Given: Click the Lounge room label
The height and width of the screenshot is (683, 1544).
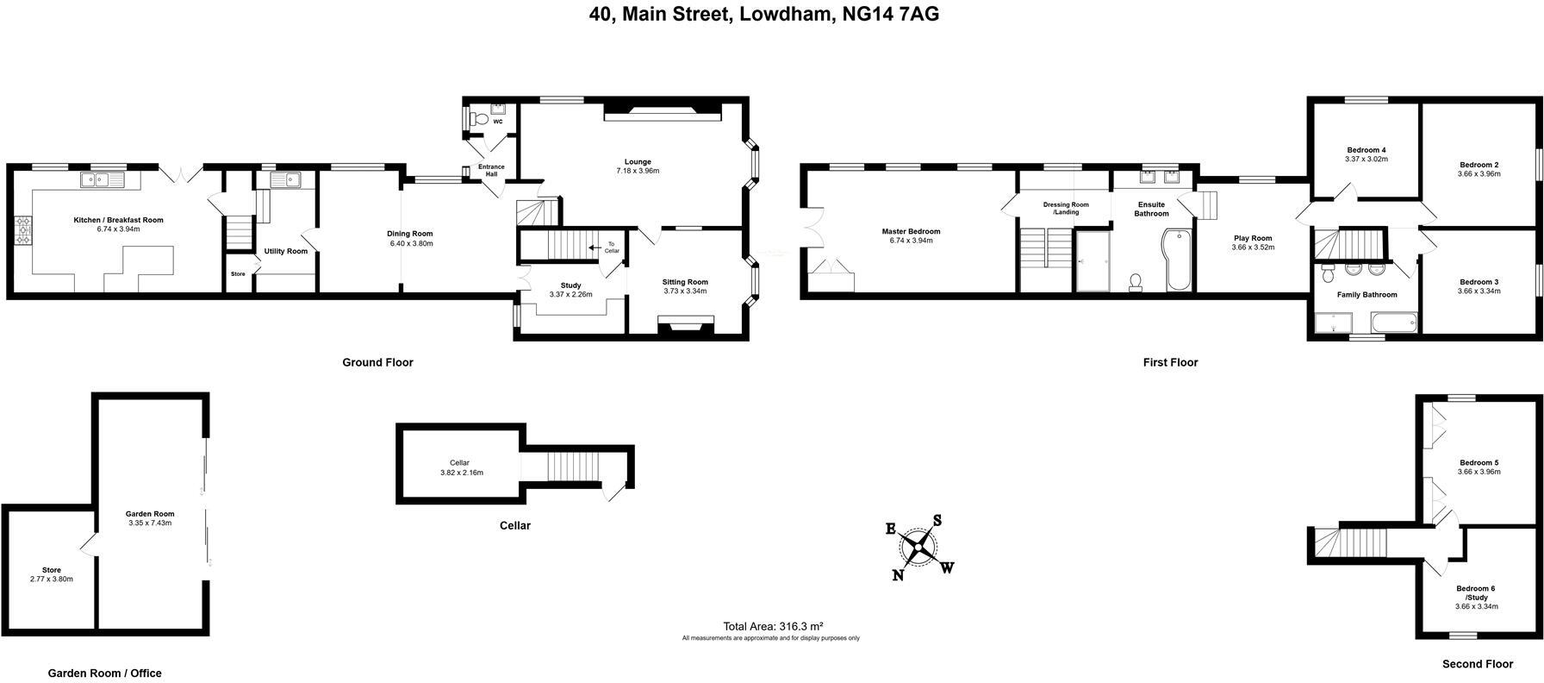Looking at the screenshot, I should pyautogui.click(x=638, y=161).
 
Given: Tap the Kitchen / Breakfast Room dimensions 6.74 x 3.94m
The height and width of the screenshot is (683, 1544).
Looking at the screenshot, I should pyautogui.click(x=118, y=229).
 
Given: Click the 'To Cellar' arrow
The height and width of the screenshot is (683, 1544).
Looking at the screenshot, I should pyautogui.click(x=595, y=248).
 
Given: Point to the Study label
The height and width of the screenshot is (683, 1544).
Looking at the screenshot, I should pyautogui.click(x=570, y=285).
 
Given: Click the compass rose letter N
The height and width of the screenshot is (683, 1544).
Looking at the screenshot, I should pyautogui.click(x=898, y=575).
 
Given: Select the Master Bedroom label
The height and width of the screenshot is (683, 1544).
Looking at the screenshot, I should pyautogui.click(x=911, y=231).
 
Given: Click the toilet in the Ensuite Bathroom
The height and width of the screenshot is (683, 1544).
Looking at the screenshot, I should pyautogui.click(x=1136, y=282).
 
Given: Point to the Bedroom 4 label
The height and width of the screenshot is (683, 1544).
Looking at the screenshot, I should pyautogui.click(x=1366, y=149).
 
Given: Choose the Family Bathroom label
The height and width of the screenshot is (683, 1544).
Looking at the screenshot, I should pyautogui.click(x=1367, y=295).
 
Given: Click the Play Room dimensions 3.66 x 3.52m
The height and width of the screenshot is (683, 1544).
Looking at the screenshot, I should pyautogui.click(x=1253, y=248).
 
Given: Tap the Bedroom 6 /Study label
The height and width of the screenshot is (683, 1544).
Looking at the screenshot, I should pyautogui.click(x=1476, y=593).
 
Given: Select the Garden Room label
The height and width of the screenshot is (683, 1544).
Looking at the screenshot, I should pyautogui.click(x=150, y=514).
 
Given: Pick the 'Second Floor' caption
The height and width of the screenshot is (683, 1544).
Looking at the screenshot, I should pyautogui.click(x=1478, y=664).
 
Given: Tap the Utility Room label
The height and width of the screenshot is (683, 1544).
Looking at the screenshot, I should pyautogui.click(x=285, y=252).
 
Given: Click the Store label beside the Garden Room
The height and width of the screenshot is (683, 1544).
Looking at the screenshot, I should pyautogui.click(x=52, y=570).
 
